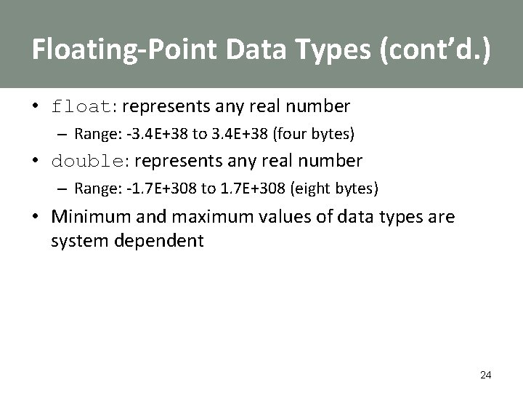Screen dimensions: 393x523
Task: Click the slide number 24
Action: pyautogui.click(x=486, y=375)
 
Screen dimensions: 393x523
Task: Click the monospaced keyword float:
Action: pyautogui.click(x=85, y=107)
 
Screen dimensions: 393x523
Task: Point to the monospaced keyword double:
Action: pyautogui.click(x=91, y=160)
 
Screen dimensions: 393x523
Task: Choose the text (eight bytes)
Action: pyautogui.click(x=335, y=188)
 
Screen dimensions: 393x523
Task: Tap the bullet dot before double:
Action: pyautogui.click(x=35, y=161)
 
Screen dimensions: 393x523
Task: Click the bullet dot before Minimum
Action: pyautogui.click(x=35, y=217)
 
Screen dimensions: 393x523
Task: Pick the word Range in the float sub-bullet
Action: pyautogui.click(x=93, y=134)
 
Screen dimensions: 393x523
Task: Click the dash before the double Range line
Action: pyautogui.click(x=63, y=188)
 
